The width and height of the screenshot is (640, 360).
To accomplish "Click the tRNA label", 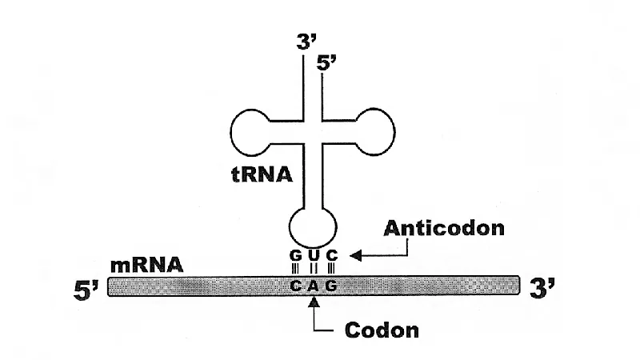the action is (x=262, y=174).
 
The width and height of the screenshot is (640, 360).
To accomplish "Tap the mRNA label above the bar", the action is (x=146, y=265).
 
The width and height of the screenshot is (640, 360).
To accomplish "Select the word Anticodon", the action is (x=444, y=228).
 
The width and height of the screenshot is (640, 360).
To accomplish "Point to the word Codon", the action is (x=382, y=330).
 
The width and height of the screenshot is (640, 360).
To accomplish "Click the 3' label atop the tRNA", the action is (x=307, y=42).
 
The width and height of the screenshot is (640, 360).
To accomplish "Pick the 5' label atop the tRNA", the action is (x=326, y=63).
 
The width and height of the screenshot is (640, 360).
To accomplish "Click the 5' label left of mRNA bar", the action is (x=86, y=290).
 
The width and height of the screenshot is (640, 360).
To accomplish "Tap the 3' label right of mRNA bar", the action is (x=542, y=287).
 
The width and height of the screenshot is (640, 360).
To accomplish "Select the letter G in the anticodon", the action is (x=295, y=255).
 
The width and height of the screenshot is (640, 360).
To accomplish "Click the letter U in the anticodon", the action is (x=314, y=255).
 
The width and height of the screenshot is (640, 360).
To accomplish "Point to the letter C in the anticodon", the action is (x=332, y=255).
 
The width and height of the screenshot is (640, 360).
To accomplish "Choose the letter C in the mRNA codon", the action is (x=295, y=286).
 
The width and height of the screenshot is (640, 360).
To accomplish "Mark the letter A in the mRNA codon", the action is (x=313, y=286).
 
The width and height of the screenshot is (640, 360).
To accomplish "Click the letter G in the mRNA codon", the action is (x=331, y=286).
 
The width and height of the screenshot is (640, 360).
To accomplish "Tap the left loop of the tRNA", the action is (x=231, y=133).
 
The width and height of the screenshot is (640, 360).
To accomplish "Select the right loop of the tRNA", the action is (x=394, y=132).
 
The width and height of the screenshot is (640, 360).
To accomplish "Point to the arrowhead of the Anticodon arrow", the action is (x=355, y=256).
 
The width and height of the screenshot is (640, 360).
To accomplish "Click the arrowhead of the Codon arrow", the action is (x=314, y=302).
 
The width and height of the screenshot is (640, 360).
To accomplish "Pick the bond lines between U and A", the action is (x=314, y=269).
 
